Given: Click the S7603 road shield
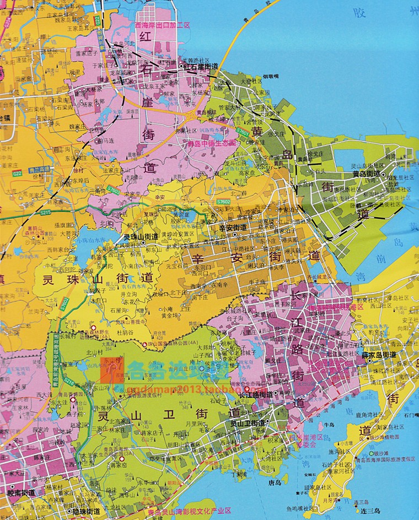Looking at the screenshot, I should click(x=114, y=189).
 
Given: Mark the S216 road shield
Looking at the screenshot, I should click(x=69, y=380).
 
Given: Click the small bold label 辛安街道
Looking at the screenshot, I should click(x=232, y=227).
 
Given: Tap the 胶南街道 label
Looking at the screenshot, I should click(x=21, y=492).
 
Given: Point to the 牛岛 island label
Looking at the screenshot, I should click(x=330, y=425).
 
